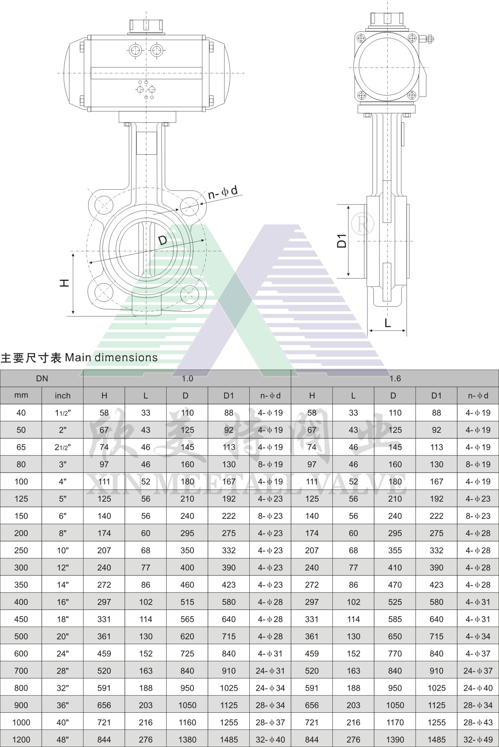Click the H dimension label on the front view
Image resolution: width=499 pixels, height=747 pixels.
pos(65,283)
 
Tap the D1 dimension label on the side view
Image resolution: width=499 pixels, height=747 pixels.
pos(342,241)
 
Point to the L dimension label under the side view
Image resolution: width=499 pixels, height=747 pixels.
pos(388,323)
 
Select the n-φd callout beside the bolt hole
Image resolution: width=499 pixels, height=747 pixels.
pos(222,191)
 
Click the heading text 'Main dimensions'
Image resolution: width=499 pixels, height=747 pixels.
pos(111,357)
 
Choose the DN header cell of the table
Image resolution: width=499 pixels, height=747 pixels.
pos(42,378)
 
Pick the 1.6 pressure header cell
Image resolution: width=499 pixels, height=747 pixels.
pos(395,378)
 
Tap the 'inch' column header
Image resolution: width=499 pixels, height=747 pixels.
pos(63,395)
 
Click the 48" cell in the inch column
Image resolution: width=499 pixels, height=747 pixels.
pos(63,739)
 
